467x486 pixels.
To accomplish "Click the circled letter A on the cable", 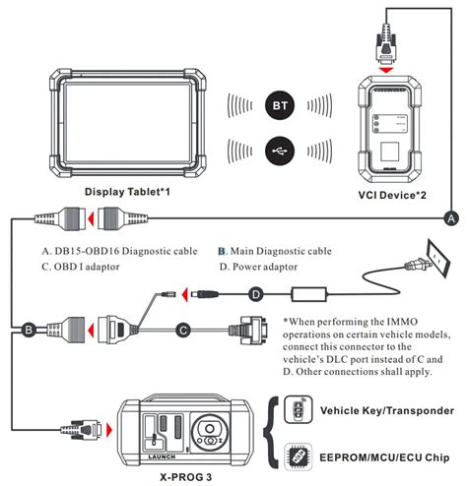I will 450,215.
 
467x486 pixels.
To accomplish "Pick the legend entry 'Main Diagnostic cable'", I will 286,250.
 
